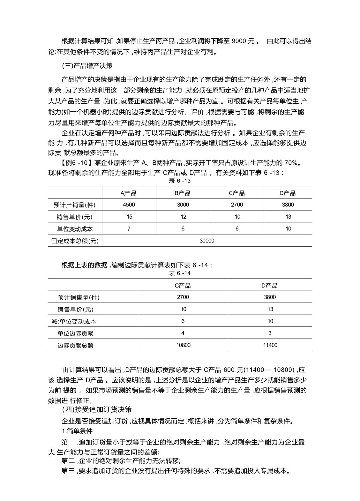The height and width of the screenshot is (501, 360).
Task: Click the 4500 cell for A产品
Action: coord(129,205)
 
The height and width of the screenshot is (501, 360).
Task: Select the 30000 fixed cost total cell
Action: coord(207,241)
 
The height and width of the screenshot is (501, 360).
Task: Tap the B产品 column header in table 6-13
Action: coord(183,193)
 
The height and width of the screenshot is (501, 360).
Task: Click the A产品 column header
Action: coord(129,193)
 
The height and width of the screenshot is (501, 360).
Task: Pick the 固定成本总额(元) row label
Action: coord(75,241)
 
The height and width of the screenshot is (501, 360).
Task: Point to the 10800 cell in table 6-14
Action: coord(183,345)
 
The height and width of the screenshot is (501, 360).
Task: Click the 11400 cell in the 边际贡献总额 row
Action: coord(270,345)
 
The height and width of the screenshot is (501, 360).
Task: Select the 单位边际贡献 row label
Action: coord(75,333)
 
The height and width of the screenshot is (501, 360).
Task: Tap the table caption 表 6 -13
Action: coord(179,181)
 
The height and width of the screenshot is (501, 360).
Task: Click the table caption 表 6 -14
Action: coord(179,273)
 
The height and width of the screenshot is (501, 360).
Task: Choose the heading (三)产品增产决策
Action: coord(87,66)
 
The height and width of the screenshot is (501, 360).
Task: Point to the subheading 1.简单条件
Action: coord(77,431)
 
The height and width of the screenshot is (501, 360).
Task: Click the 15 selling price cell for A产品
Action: coord(129,217)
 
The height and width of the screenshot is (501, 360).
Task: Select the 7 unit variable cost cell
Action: coord(129,229)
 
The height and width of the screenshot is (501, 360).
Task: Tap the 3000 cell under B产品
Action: coord(183,205)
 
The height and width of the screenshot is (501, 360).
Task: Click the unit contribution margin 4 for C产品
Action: coord(183,333)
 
